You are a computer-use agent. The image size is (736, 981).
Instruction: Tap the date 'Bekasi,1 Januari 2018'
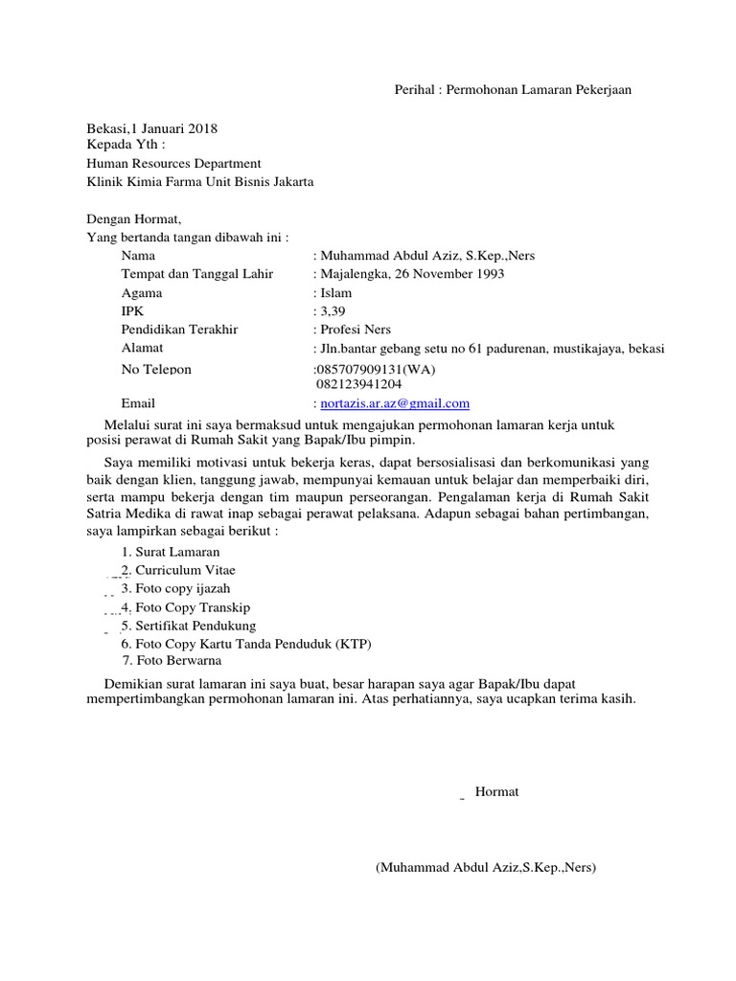tap(152, 128)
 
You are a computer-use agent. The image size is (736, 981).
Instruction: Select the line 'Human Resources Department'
tap(173, 164)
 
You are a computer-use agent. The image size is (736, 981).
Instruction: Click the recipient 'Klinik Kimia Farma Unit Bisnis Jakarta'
tap(200, 182)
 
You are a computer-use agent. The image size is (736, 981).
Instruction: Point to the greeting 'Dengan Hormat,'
tap(133, 218)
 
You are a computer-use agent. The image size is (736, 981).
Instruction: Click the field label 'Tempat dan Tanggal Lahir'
tap(196, 274)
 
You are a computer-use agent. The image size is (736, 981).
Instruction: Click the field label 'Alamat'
tap(142, 348)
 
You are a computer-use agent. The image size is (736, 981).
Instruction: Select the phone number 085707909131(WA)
tap(377, 369)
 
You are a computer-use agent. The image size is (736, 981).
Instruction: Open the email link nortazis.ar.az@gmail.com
tap(396, 403)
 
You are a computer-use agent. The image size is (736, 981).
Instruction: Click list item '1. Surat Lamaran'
tap(171, 552)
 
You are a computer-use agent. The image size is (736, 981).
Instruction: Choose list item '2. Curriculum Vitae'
tap(178, 570)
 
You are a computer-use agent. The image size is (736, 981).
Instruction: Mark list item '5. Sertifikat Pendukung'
tap(189, 625)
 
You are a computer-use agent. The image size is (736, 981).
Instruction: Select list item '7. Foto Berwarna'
tap(172, 661)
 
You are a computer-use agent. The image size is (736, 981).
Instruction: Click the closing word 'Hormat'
tap(496, 791)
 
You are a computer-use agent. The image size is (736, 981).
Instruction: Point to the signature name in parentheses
tap(486, 868)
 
